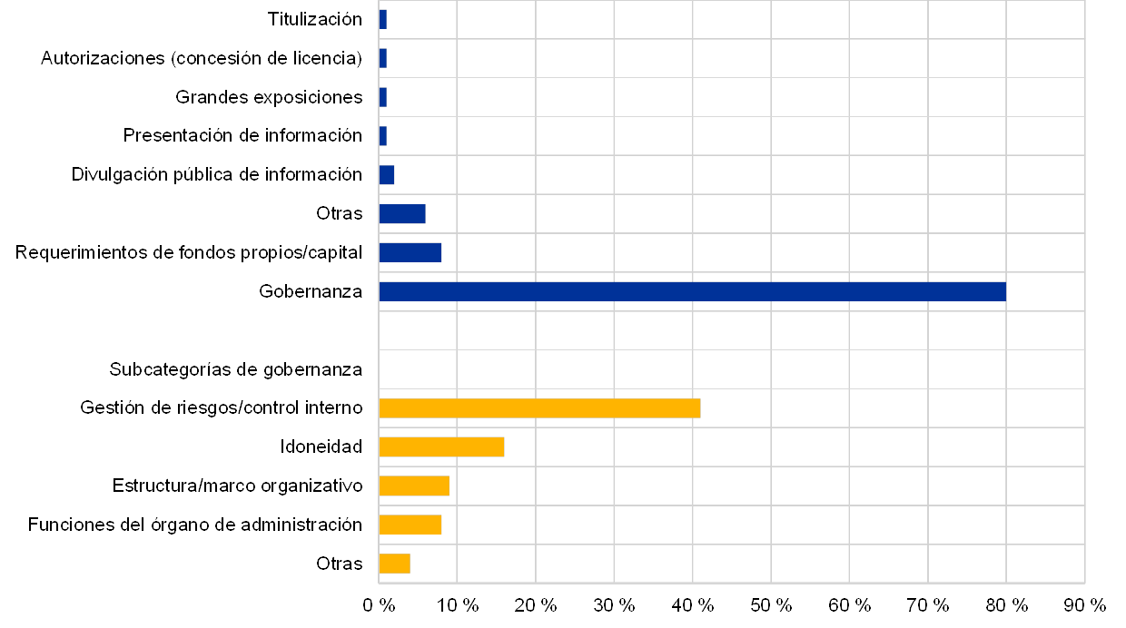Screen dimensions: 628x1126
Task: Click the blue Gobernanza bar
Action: coord(692,291)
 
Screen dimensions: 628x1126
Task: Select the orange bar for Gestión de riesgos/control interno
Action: coord(539,408)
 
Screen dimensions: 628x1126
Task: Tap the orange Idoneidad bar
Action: coord(441,446)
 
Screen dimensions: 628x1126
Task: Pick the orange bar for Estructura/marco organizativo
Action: coord(414,486)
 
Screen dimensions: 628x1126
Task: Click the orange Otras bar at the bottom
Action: coord(394,564)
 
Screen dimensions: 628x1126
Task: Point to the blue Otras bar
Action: coord(402,214)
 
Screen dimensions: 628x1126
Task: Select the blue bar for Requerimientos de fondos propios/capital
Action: coord(410,252)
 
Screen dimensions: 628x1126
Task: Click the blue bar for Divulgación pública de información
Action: coord(387,175)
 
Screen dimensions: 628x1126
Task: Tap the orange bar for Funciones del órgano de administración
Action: coord(410,525)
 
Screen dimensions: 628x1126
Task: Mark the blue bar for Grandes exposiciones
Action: coord(382,97)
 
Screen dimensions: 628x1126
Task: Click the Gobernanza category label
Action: coord(311,291)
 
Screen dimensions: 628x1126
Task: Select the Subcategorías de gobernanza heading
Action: coord(236,369)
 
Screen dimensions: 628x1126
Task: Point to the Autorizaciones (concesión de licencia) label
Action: coord(201,59)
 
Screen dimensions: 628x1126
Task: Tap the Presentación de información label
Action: coord(244,136)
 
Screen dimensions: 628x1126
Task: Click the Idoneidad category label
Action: coord(323,447)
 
